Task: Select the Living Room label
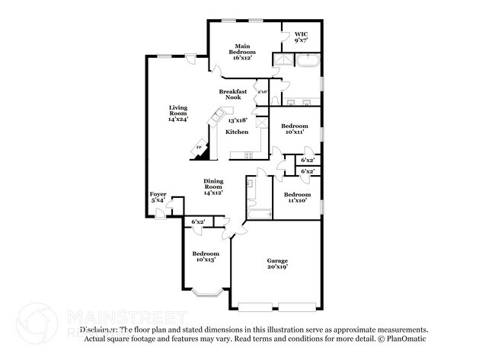point(177,113)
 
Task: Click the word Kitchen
point(237,132)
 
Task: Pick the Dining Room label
point(212,186)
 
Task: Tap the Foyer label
point(158,197)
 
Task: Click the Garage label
point(276,263)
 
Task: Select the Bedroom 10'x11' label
point(294,129)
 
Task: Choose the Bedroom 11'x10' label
point(296,197)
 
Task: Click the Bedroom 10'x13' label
point(205,256)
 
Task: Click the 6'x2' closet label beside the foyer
point(197,221)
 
